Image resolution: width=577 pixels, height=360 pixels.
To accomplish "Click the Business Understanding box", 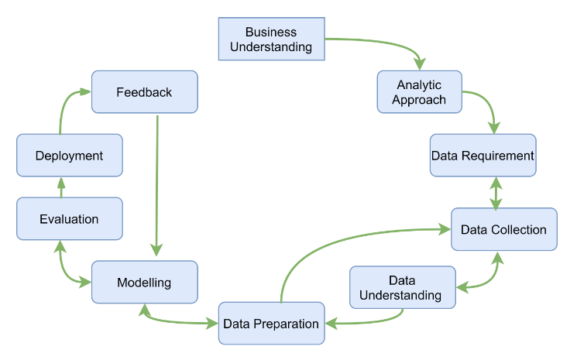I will pyautogui.click(x=271, y=39).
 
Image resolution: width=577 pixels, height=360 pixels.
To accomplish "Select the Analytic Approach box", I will pyautogui.click(x=419, y=92).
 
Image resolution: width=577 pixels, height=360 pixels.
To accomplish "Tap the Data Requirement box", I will pyautogui.click(x=483, y=156).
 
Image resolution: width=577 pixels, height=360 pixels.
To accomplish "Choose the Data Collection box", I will pyautogui.click(x=503, y=229).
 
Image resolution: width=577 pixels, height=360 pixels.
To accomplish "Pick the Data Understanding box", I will pyautogui.click(x=401, y=287).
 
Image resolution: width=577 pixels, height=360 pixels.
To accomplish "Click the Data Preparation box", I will pyautogui.click(x=271, y=324).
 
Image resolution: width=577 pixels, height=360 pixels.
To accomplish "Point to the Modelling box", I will pyautogui.click(x=144, y=283).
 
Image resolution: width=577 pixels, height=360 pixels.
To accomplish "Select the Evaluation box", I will pyautogui.click(x=69, y=219).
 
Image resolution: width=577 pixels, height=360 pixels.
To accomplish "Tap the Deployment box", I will pyautogui.click(x=69, y=156).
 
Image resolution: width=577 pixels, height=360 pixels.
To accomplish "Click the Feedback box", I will pyautogui.click(x=144, y=92).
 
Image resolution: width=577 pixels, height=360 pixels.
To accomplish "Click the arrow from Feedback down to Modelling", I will pyautogui.click(x=157, y=186).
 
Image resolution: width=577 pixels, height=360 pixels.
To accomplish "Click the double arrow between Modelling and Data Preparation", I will pyautogui.click(x=178, y=320).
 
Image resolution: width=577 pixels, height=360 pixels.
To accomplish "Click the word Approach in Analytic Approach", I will pyautogui.click(x=419, y=100).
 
